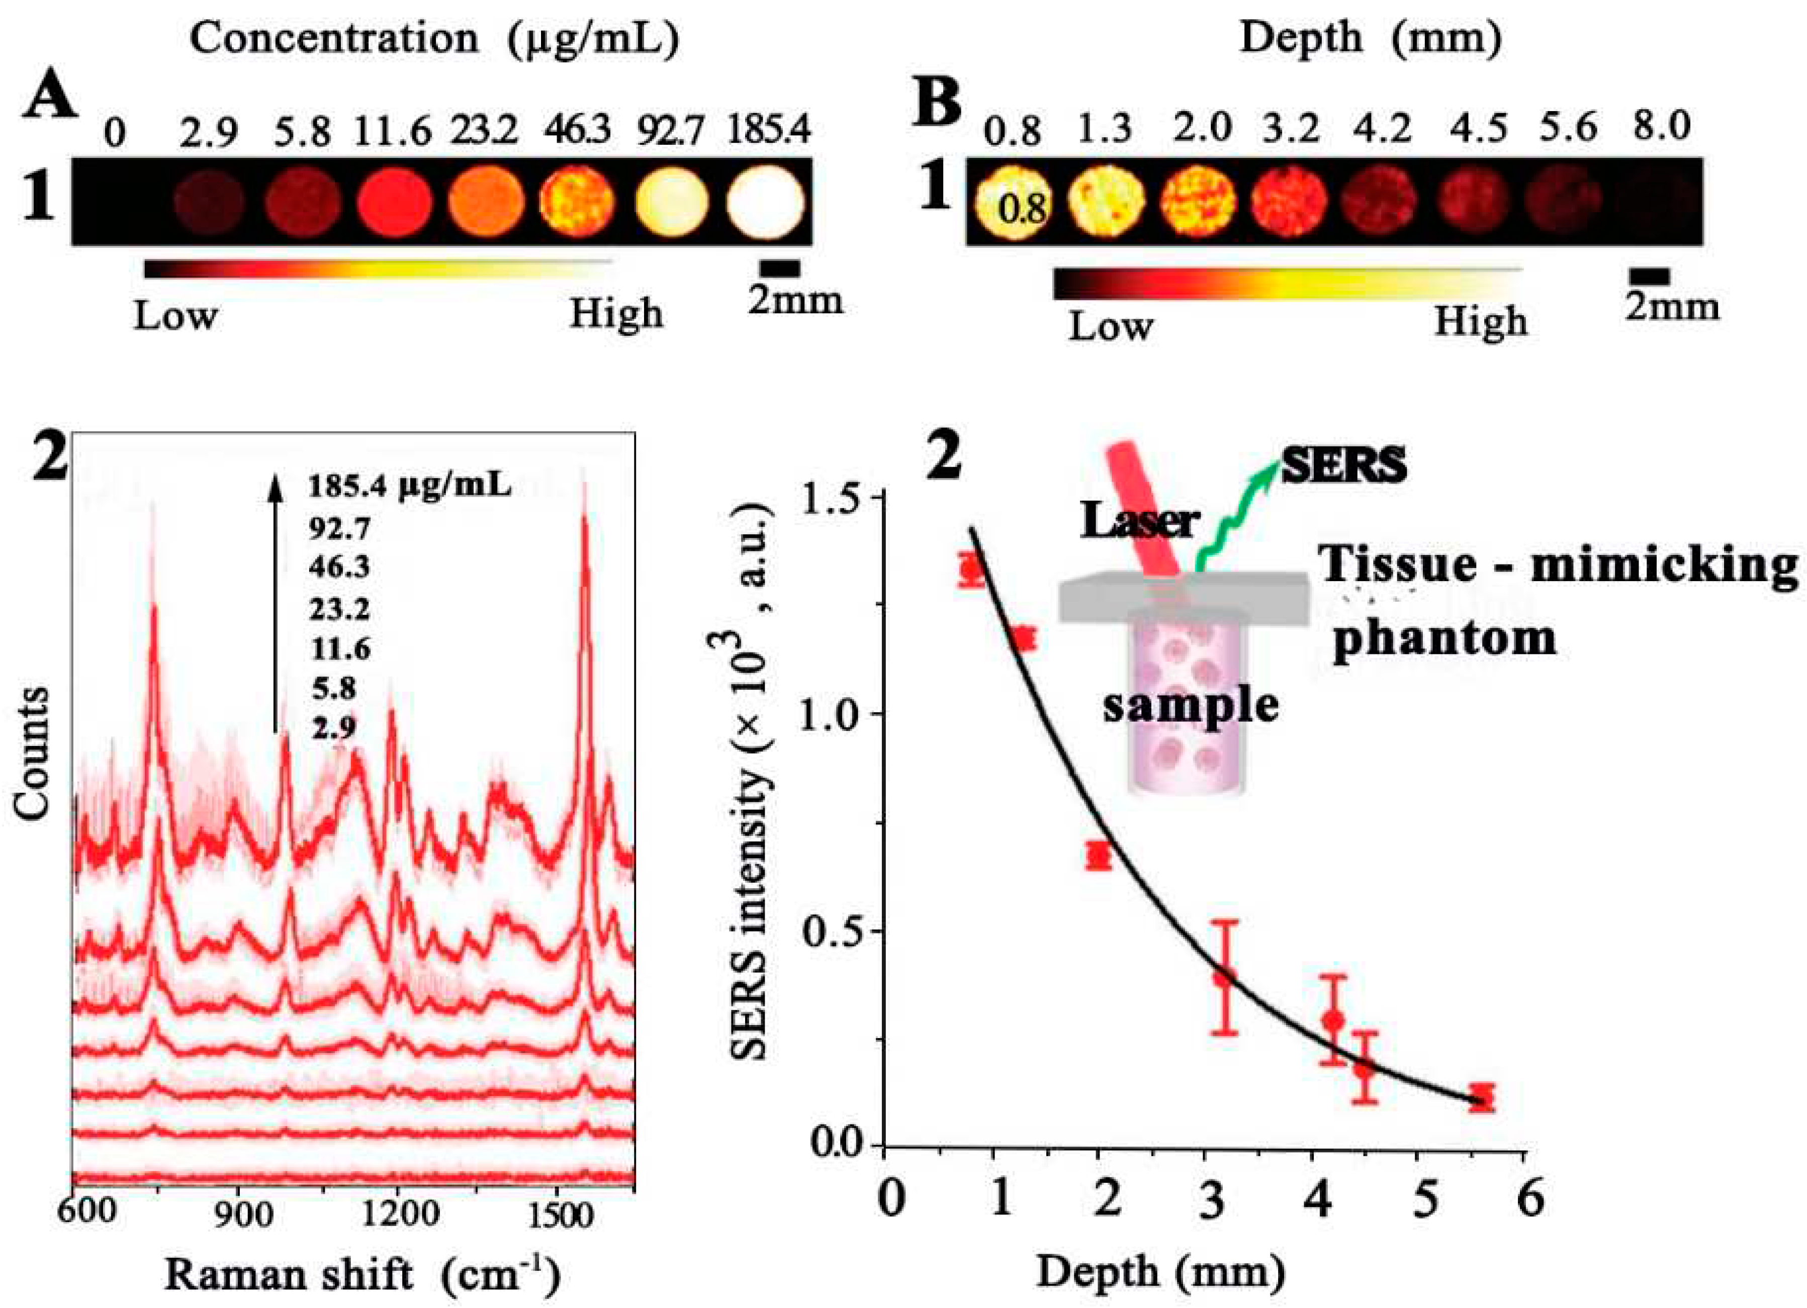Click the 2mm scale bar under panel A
tap(779, 268)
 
